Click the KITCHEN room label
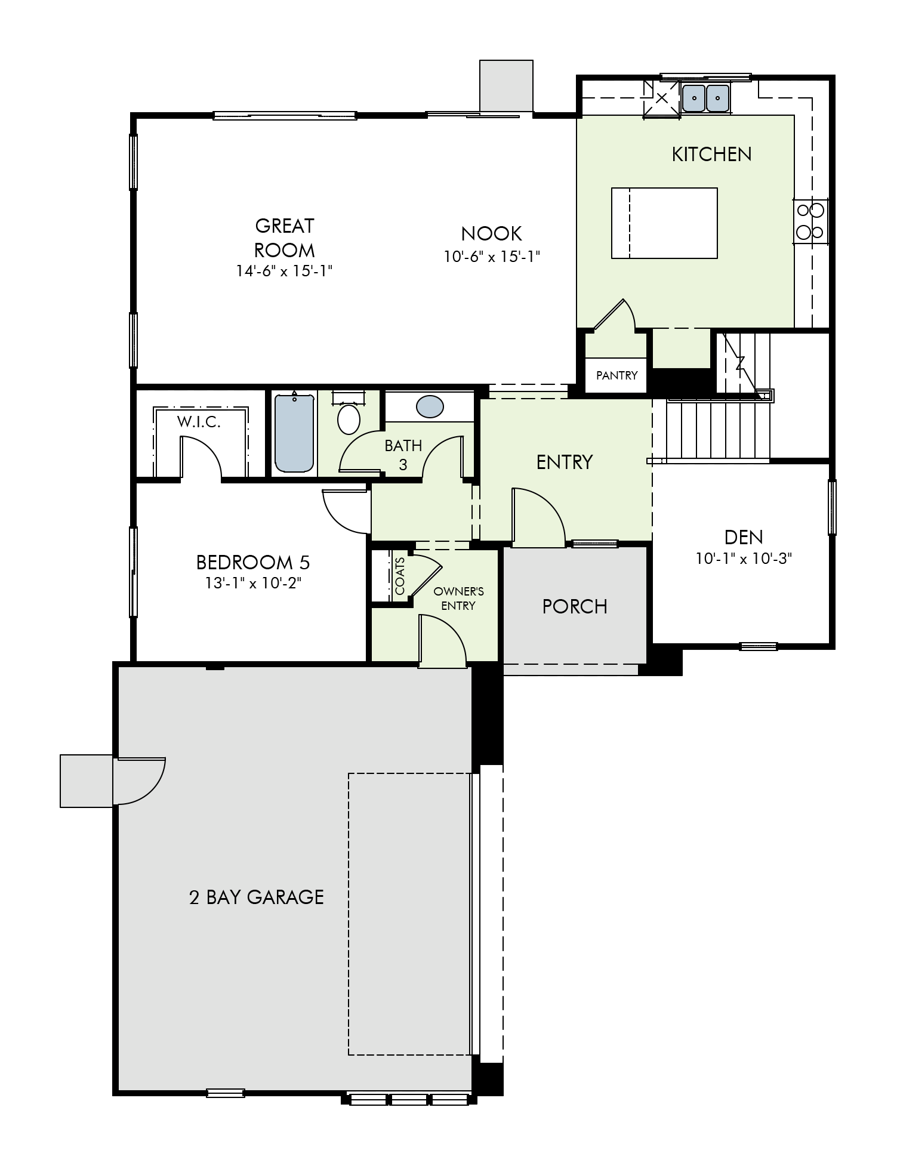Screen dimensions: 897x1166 pos(711,155)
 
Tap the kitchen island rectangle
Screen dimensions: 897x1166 pos(664,223)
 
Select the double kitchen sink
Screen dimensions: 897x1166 pos(706,97)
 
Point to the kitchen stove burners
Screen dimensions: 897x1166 pos(810,221)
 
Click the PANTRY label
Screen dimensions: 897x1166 pos(617,375)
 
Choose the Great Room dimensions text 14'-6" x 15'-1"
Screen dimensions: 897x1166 pos(284,271)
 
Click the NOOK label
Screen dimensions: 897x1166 pos(492,233)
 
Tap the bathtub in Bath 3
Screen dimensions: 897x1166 pos(294,432)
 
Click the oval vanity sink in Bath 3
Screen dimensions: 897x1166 pos(430,407)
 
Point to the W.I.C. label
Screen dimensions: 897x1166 pos(199,422)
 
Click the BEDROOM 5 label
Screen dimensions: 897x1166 pos(253,562)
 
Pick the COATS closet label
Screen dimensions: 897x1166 pos(399,576)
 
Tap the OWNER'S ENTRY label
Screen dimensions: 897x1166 pos(458,599)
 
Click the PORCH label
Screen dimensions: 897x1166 pos(575,606)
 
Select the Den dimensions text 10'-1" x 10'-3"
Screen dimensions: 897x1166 pos(744,559)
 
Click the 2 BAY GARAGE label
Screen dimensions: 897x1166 pos(257,897)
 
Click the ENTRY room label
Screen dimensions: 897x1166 pos(565,462)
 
